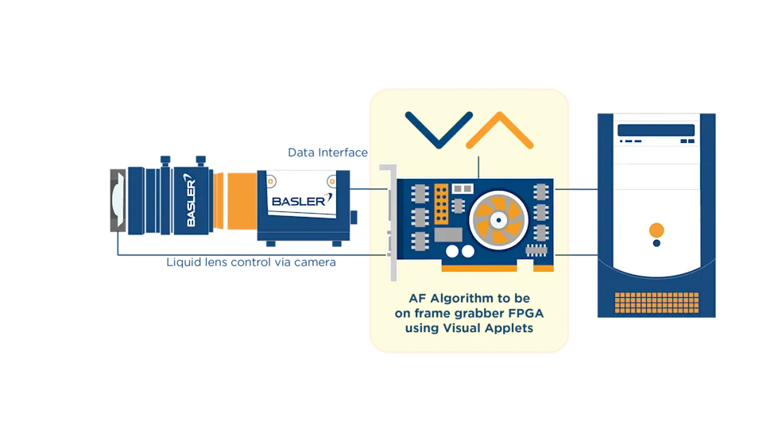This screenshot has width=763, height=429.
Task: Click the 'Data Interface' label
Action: [x=327, y=153]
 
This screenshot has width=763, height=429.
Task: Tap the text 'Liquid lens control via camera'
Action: [x=251, y=262]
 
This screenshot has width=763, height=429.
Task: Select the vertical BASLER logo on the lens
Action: [x=191, y=200]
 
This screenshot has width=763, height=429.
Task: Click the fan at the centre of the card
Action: [x=498, y=220]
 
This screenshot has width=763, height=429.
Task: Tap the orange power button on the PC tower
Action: [x=656, y=230]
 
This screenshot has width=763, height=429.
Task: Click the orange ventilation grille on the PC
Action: [x=656, y=303]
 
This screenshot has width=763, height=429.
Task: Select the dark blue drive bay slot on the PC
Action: [x=656, y=129]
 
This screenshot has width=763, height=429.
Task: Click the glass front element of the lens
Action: [x=118, y=200]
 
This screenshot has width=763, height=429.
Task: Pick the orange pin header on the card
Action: [x=441, y=204]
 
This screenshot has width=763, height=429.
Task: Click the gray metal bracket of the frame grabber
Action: [x=391, y=222]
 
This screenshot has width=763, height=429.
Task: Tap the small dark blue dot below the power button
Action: [x=656, y=243]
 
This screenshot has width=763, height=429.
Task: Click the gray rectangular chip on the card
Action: [x=448, y=234]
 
